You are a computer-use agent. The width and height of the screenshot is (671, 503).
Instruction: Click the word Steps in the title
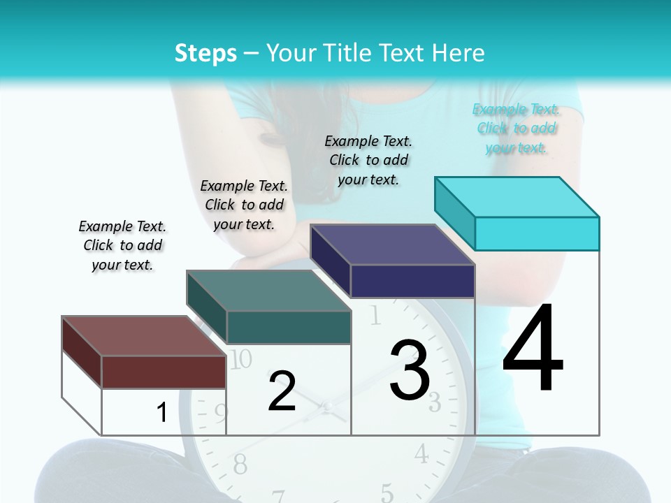(x=205, y=53)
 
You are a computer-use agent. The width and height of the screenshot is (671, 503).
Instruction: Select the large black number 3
(x=410, y=371)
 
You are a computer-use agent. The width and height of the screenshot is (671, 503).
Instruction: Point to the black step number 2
(x=282, y=391)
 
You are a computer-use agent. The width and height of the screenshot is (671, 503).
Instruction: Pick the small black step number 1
(x=162, y=413)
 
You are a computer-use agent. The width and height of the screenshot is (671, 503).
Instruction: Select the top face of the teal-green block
(x=268, y=291)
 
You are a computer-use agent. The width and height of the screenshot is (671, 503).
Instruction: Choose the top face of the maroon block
(x=144, y=336)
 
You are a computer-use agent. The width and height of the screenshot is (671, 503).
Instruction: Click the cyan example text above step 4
(x=516, y=128)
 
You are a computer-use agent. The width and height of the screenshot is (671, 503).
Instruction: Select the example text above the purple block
(x=368, y=160)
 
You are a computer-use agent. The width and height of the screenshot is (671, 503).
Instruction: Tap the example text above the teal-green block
(x=244, y=205)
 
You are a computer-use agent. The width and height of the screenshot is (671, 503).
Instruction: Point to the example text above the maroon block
(x=122, y=245)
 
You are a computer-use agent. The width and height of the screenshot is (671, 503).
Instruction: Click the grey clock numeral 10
(x=240, y=359)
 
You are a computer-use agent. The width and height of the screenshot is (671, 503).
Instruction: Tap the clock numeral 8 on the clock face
(x=240, y=463)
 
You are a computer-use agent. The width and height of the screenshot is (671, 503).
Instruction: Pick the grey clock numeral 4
(x=421, y=454)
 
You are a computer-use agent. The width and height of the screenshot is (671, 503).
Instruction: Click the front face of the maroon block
(x=164, y=372)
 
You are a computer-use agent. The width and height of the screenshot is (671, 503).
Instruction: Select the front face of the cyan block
(x=537, y=233)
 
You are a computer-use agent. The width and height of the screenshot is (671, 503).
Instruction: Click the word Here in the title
(x=459, y=53)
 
